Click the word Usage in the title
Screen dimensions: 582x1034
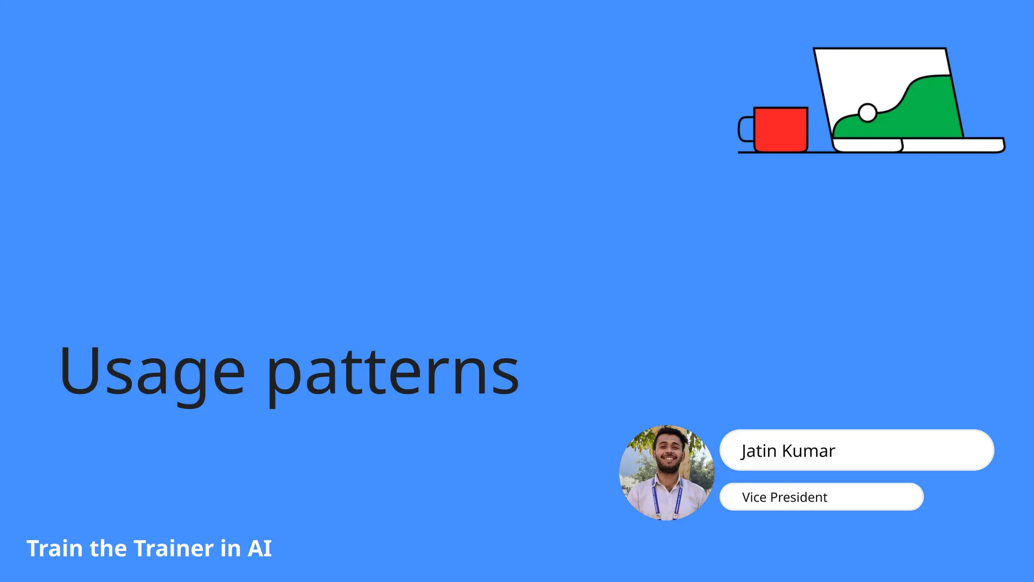click(x=151, y=372)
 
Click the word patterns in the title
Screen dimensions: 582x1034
click(x=393, y=374)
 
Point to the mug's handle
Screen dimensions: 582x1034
click(x=745, y=129)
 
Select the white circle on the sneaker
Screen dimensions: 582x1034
click(x=867, y=113)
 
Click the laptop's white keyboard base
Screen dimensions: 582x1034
click(x=952, y=145)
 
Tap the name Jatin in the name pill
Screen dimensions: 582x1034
click(x=759, y=451)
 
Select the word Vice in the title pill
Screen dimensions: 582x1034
click(x=754, y=497)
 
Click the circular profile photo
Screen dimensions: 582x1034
click(x=666, y=472)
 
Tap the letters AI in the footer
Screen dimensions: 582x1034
click(x=260, y=549)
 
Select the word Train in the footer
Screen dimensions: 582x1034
click(x=55, y=549)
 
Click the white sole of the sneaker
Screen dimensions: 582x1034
click(x=867, y=145)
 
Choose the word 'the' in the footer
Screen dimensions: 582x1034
click(x=108, y=549)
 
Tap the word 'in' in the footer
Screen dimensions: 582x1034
click(x=230, y=549)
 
